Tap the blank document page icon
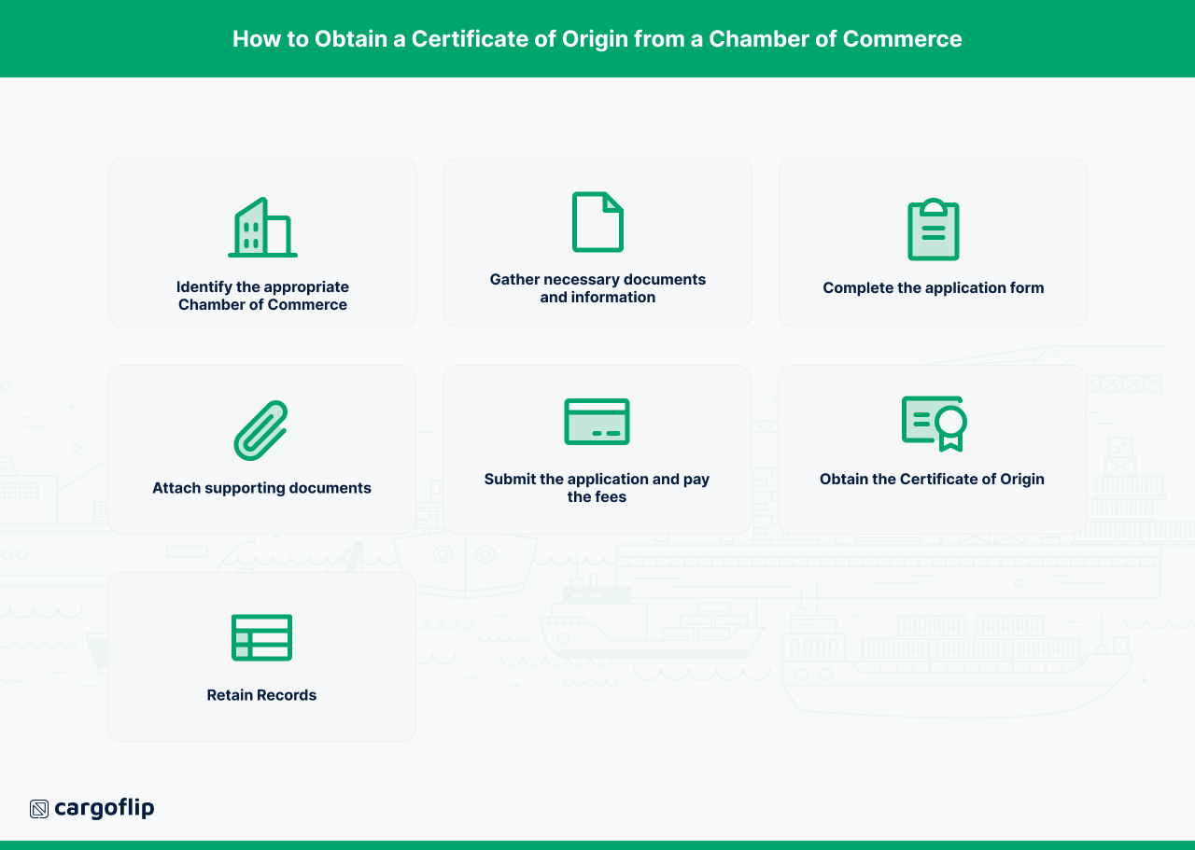tap(597, 222)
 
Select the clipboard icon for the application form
tap(933, 230)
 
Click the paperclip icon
tap(260, 430)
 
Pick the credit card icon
tap(597, 422)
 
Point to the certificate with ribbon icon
tap(934, 424)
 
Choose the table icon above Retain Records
tap(261, 637)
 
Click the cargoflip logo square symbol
tap(39, 809)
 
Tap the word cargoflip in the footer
tap(104, 808)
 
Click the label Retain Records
tap(261, 695)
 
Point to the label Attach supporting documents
tap(261, 488)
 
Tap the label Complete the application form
tap(933, 288)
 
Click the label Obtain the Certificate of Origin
tap(932, 480)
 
